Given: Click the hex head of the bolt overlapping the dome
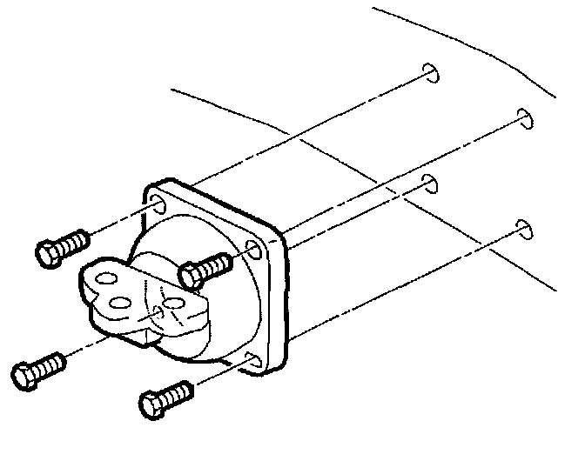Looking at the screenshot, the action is (191, 277).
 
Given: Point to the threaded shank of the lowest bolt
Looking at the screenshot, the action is (178, 392).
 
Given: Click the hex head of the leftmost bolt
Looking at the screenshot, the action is (27, 376).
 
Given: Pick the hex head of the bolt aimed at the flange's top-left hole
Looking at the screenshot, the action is (50, 251).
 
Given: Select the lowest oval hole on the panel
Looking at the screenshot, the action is (523, 229).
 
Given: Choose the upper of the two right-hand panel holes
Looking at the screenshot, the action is (524, 118).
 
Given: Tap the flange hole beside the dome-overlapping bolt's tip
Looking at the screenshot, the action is (254, 253).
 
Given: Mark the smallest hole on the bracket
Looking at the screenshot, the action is (155, 310).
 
